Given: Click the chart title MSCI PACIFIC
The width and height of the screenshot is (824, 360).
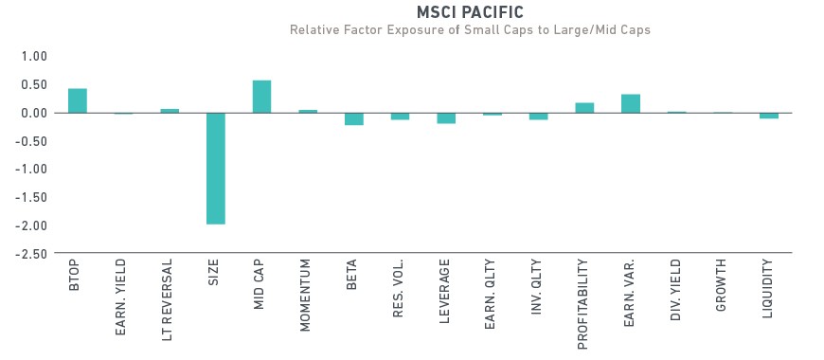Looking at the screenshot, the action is point(470,11).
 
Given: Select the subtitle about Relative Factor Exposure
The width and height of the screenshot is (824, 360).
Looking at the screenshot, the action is point(470,29).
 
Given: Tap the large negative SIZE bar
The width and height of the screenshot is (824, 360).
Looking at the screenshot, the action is point(215,169).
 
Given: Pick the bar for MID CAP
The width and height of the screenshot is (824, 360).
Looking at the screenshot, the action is point(261,97).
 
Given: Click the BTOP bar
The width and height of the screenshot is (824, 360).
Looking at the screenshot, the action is point(78,100).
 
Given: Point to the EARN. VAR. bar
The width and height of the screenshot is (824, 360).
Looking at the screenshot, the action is point(631,103).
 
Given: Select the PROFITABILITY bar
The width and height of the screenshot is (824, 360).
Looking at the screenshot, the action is point(584,108).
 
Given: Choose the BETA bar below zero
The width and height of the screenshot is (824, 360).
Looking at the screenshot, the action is point(353,118).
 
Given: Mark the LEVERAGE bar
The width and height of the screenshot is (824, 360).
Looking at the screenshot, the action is point(446,117).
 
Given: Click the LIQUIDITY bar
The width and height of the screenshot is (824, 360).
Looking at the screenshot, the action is point(769,116).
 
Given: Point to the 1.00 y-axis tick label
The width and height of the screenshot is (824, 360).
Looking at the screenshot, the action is point(34,56).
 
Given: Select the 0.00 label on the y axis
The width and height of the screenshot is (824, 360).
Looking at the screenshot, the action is point(34,113).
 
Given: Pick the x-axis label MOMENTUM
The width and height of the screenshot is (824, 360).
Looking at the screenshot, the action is point(305,296).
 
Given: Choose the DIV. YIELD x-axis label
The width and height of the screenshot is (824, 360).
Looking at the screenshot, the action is point(676,290).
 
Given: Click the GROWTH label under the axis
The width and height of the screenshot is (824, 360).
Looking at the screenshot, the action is point(721,285).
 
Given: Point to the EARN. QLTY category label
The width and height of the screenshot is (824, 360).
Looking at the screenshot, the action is point(490,295).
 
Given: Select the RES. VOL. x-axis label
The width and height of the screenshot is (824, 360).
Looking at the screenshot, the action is point(398,289).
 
